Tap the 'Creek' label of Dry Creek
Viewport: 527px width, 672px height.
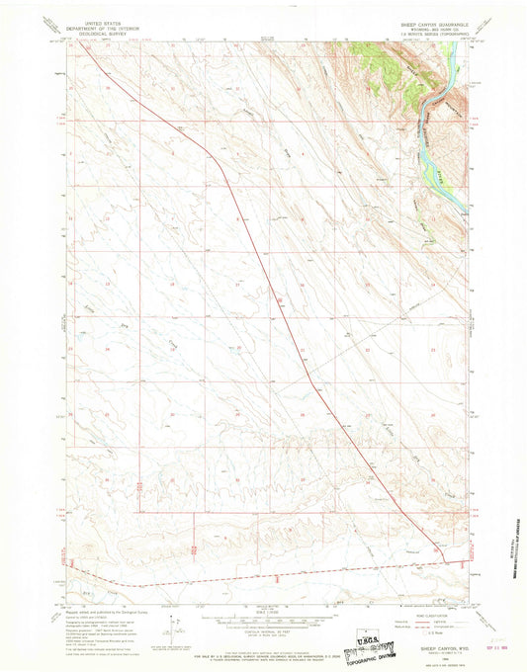click(x=169, y=342)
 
